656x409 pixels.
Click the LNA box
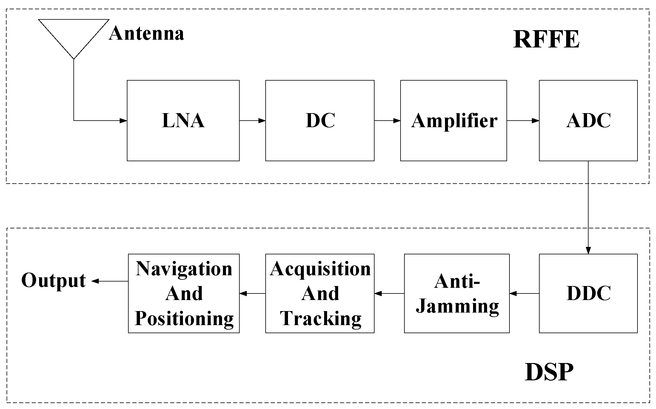coord(183,121)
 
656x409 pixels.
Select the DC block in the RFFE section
coord(320,121)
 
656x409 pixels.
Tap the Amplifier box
coord(453,121)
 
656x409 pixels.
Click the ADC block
coord(588,121)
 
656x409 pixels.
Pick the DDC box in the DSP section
coord(588,293)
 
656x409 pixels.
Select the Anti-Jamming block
coord(457,293)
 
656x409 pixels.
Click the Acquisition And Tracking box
coord(320,293)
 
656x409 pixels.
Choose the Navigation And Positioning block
coord(184,293)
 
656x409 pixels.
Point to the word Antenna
coord(146,33)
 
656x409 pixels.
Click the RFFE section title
coord(546,39)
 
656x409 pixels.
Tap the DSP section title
coord(549,372)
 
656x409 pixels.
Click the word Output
coord(54,281)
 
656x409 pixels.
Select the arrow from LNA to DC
coord(252,121)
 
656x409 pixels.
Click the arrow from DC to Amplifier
coord(387,121)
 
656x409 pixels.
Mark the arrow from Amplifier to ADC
coord(523,121)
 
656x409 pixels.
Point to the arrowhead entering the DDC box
coord(588,250)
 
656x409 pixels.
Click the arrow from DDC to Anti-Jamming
coord(524,293)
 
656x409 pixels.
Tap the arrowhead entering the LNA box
coord(123,121)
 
